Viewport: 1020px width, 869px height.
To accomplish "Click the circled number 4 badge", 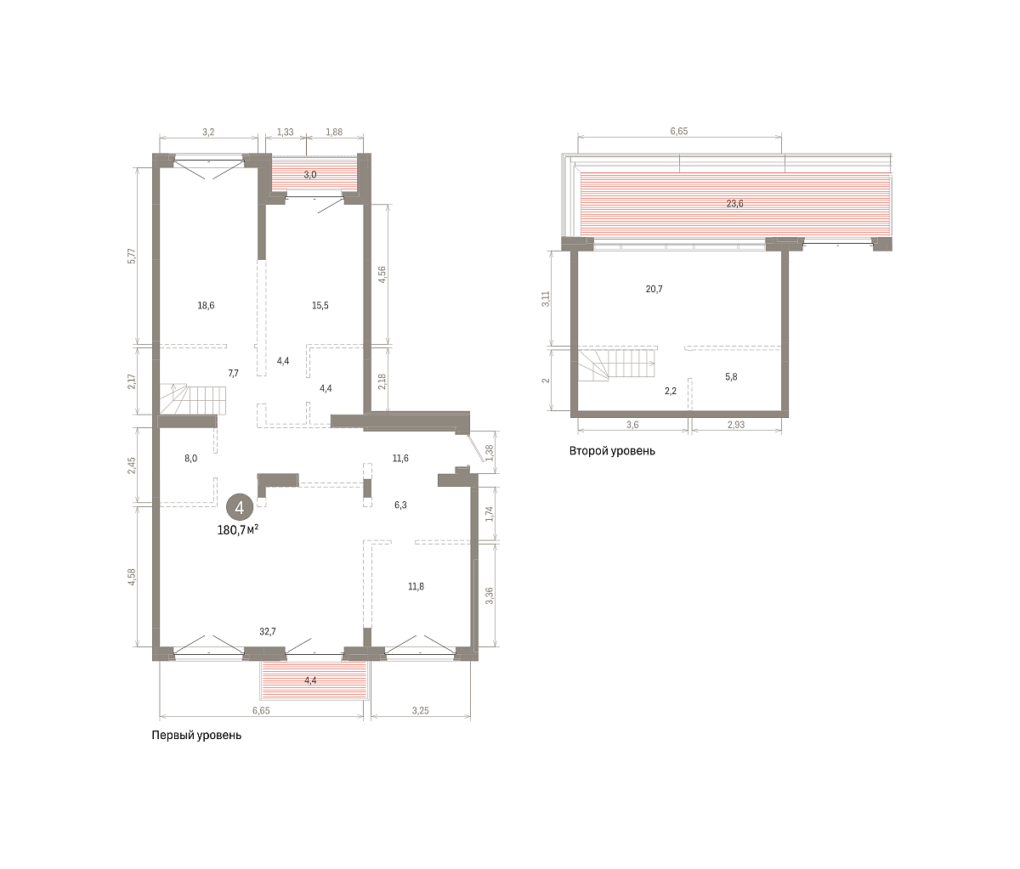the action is click(240, 507).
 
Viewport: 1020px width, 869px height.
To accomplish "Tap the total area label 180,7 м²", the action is click(238, 530).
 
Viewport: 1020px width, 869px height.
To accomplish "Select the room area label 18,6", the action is click(206, 305).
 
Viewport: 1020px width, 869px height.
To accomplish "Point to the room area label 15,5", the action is click(320, 305).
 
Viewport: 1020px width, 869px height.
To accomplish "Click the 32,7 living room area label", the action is click(268, 631).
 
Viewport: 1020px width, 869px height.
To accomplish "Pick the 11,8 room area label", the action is click(416, 586).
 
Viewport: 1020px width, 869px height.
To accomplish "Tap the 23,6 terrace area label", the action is click(734, 203).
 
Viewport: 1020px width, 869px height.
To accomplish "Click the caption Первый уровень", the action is click(196, 736).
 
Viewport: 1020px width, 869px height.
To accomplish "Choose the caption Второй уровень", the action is click(612, 451).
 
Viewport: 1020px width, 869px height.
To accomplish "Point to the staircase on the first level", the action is click(192, 399).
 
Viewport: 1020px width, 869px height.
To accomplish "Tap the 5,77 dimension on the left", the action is click(131, 256).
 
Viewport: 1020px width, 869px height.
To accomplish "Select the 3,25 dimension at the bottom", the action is click(421, 711).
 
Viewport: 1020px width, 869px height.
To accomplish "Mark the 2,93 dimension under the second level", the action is click(736, 425).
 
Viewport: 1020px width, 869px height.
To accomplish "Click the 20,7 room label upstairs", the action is click(654, 289).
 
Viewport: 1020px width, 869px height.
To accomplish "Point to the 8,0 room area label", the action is click(191, 458).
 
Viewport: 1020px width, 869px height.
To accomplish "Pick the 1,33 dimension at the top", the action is click(286, 133).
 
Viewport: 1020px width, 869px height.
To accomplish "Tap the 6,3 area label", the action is click(400, 505).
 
